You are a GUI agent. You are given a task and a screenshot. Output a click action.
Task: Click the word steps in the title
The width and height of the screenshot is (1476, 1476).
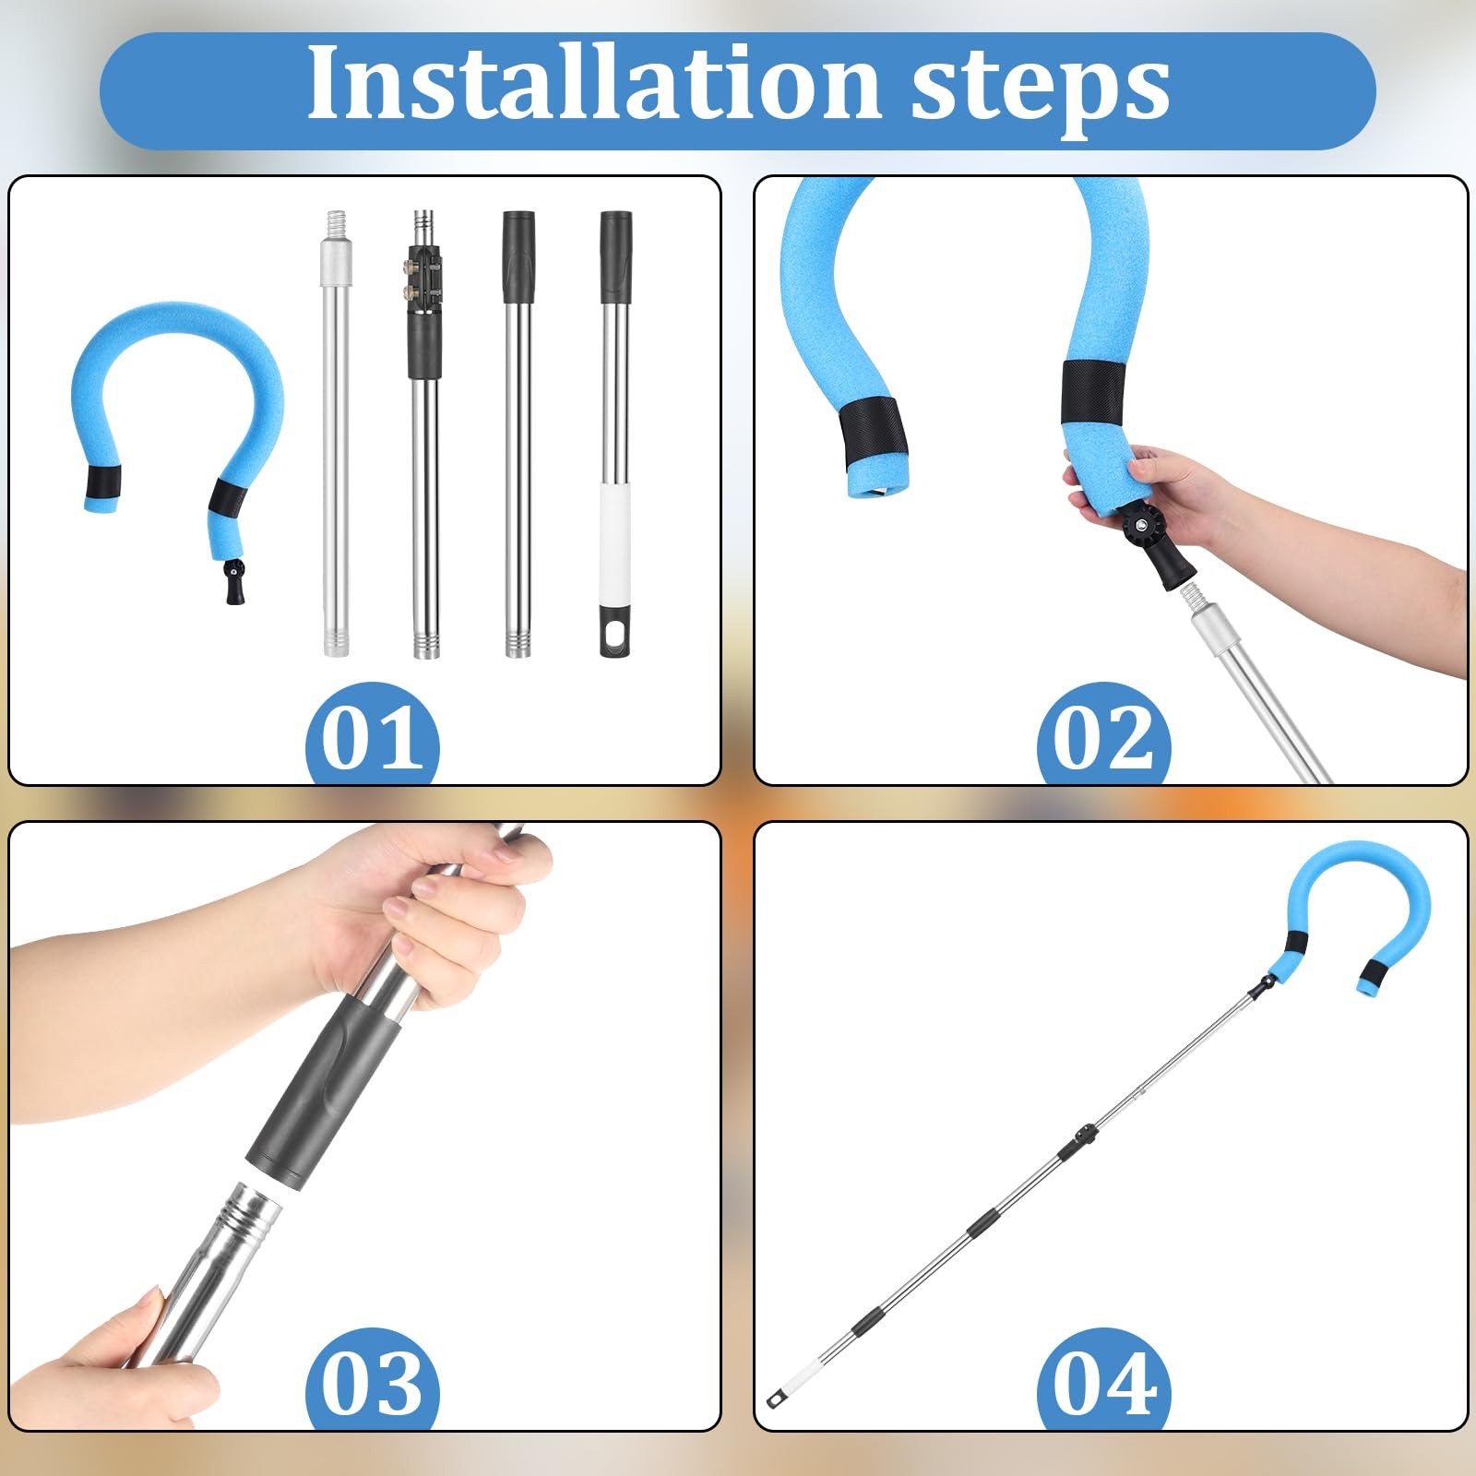coord(1041,90)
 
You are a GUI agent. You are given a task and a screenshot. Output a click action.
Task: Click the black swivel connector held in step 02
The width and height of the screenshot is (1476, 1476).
coord(1154,548)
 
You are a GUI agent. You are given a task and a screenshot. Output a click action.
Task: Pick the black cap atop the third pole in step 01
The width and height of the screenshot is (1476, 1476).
coord(518,256)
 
